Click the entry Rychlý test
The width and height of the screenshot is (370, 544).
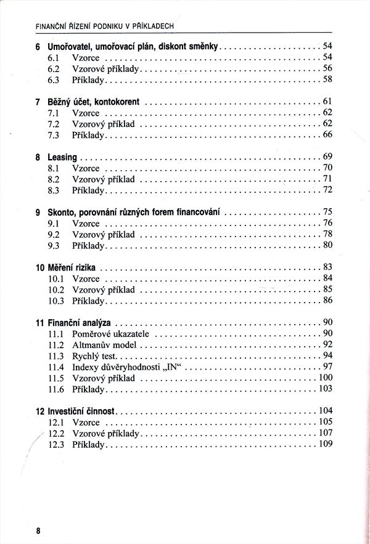(x=94, y=355)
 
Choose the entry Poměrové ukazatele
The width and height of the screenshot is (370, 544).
(x=111, y=333)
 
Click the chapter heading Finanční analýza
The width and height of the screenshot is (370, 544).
(x=79, y=322)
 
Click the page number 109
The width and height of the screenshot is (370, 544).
(x=325, y=444)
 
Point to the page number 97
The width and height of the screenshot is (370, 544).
(x=327, y=367)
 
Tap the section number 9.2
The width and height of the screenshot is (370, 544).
(x=53, y=234)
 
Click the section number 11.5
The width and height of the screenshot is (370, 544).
(x=55, y=378)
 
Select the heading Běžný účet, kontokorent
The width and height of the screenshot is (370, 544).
(x=93, y=102)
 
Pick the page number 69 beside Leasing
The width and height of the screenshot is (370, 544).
(x=327, y=157)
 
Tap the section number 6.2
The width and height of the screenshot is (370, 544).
(x=53, y=68)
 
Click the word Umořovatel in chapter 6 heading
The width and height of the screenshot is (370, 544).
(x=70, y=46)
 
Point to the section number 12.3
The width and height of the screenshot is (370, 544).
(x=55, y=444)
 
